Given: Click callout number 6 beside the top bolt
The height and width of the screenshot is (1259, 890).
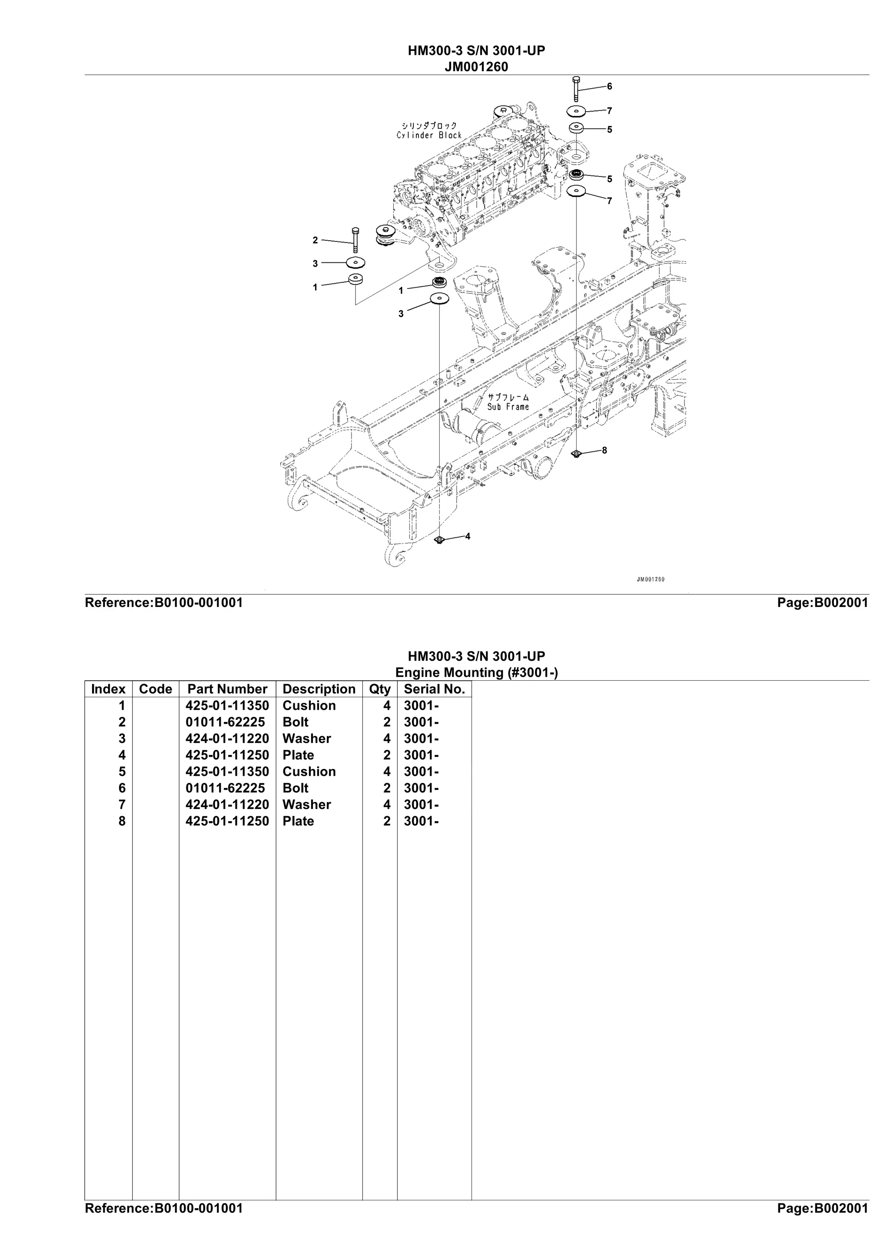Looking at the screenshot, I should tap(609, 86).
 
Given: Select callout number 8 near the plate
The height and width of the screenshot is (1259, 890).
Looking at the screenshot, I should tap(604, 450).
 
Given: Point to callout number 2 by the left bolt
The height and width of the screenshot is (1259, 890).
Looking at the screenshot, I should tap(315, 240).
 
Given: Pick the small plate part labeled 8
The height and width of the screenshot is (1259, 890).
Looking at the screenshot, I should tap(576, 454).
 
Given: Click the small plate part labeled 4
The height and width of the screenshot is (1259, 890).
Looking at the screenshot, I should tap(438, 541).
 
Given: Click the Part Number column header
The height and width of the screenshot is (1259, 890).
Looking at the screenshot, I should tap(227, 689).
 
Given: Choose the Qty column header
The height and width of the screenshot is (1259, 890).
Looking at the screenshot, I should tap(379, 689).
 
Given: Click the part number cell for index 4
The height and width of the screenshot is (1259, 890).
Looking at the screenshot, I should tap(227, 755).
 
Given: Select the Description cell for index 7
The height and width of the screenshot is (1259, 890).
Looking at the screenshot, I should tap(306, 805).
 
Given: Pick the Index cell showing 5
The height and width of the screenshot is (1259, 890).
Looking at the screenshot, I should tap(122, 772).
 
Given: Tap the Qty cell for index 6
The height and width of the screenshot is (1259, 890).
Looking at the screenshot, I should tap(387, 788).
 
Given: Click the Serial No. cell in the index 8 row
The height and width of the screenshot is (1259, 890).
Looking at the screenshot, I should tap(421, 821).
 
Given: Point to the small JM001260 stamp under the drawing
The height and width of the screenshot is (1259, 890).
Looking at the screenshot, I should tap(651, 579).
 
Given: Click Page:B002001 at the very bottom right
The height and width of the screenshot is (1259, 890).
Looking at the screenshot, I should tap(823, 1223).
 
